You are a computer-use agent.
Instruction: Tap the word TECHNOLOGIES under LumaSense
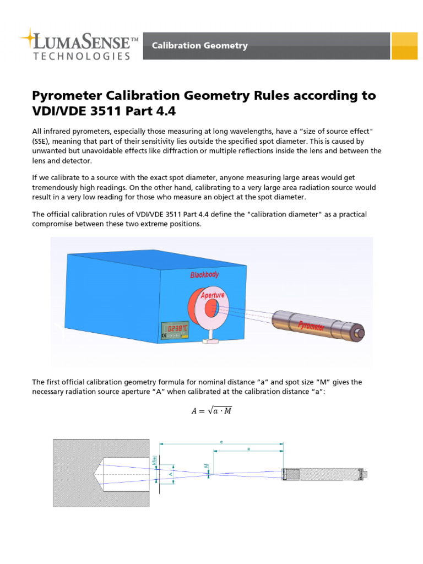tap(82, 56)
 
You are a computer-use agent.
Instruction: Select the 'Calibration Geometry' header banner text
tap(200, 46)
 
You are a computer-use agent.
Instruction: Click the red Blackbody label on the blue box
tap(204, 274)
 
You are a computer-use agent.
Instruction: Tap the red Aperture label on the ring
tap(213, 295)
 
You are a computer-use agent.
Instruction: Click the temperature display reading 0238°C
tap(178, 328)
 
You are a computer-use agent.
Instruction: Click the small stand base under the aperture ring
tap(210, 341)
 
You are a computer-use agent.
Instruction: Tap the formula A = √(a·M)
tap(211, 410)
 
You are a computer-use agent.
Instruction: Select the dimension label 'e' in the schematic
tap(221, 442)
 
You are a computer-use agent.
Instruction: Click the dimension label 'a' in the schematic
tap(248, 449)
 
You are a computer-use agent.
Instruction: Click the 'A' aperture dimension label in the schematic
tap(171, 474)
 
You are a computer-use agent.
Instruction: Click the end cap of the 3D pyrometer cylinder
tap(361, 333)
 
